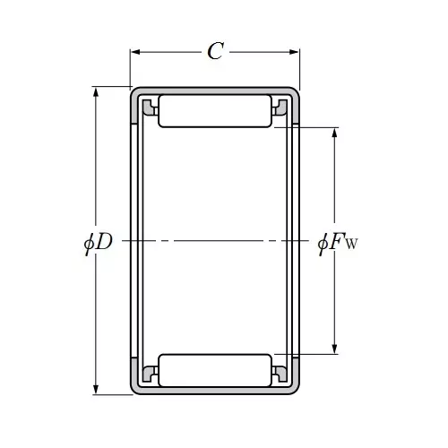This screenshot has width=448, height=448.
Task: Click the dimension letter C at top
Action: (x=216, y=51)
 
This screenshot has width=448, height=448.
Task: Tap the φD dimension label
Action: (x=98, y=243)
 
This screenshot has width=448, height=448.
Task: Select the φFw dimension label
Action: (x=338, y=243)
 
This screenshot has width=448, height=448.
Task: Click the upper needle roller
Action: (x=215, y=111)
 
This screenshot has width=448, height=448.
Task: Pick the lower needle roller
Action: (x=215, y=371)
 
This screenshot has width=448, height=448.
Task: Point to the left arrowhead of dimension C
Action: (x=135, y=52)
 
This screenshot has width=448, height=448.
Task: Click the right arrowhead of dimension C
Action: (x=294, y=52)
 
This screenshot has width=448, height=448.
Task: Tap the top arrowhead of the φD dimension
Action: (x=96, y=92)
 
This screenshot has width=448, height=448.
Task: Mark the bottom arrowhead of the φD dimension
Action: (x=96, y=389)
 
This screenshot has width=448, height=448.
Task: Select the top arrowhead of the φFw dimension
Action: (x=334, y=133)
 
